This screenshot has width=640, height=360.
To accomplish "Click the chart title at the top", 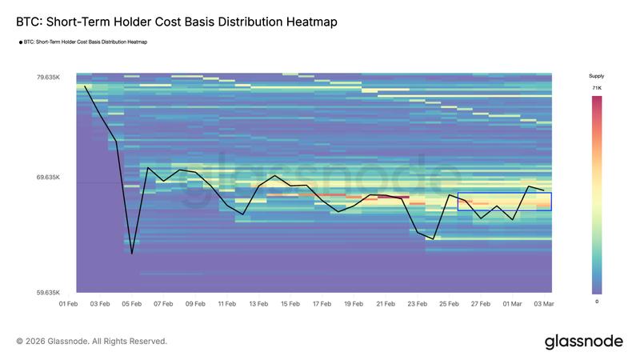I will (x=176, y=22).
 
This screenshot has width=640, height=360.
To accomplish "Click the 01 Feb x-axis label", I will (x=69, y=304).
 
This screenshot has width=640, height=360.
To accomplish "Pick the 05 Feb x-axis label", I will (x=132, y=304).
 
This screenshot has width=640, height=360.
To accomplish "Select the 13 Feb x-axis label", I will (x=258, y=304).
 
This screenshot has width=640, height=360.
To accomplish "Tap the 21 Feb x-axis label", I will (x=385, y=304).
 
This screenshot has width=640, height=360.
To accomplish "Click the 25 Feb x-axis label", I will (x=448, y=304).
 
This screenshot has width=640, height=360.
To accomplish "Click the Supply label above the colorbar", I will (x=597, y=76).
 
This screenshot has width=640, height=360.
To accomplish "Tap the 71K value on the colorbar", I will (x=597, y=87).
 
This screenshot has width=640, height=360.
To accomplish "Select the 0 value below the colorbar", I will (x=597, y=302).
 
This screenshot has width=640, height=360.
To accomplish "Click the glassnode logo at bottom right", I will (x=583, y=342).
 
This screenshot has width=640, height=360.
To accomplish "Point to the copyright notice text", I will (x=92, y=342).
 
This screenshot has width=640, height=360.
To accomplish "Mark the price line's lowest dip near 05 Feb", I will (x=132, y=254).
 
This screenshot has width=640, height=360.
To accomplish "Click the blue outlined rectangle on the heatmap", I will (x=504, y=202).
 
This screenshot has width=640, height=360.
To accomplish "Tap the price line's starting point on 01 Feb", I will (x=85, y=86).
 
